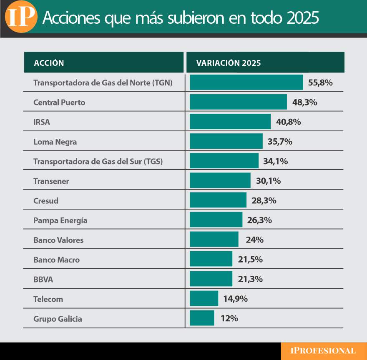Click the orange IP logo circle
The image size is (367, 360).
(20, 17)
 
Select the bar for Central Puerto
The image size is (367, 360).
(238, 102)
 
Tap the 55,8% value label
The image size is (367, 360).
(320, 82)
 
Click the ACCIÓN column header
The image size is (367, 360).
(49, 63)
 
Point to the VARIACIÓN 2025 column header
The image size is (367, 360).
(229, 63)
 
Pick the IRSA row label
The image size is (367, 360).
(42, 122)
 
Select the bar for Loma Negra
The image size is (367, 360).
(226, 141)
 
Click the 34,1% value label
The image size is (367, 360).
(275, 161)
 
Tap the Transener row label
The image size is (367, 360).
(51, 181)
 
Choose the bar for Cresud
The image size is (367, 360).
(218, 200)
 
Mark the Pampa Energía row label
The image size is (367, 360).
(60, 220)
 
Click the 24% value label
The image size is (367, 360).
(254, 240)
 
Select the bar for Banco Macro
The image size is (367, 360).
(211, 259)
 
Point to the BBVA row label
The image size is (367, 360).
(43, 280)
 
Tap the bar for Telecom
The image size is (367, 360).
(204, 298)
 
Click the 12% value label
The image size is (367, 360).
(229, 318)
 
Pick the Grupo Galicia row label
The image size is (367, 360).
(58, 319)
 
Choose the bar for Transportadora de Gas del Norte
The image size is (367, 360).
(246, 82)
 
